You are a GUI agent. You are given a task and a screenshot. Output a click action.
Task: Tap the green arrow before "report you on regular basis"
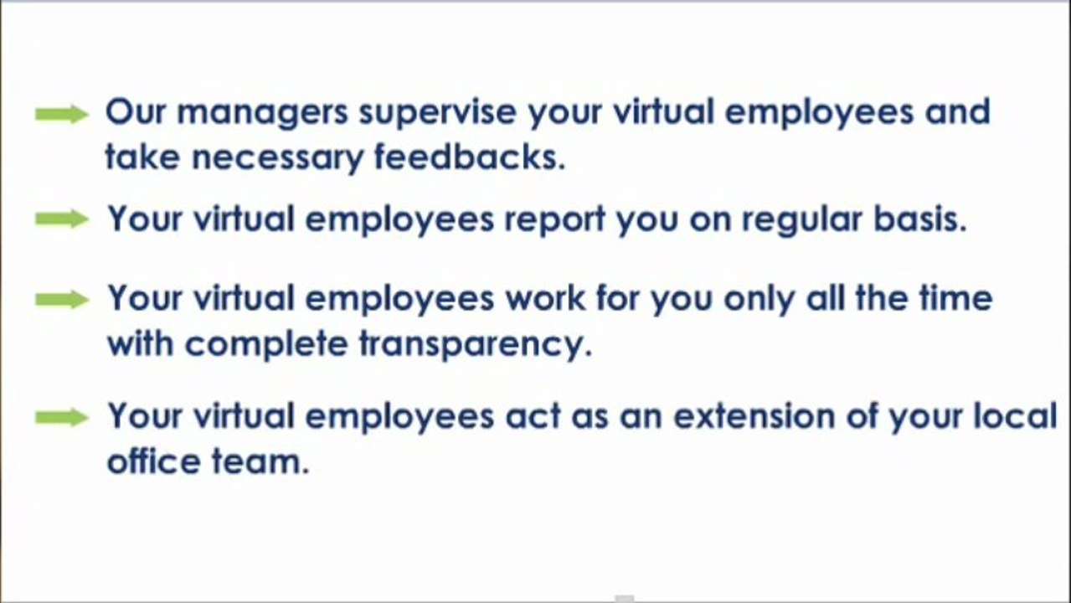point(62,219)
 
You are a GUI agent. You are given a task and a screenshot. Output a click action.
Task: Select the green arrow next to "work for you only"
point(62,300)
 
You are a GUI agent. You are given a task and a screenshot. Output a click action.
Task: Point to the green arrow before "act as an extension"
point(62,418)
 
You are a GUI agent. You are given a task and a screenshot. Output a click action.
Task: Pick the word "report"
point(554,220)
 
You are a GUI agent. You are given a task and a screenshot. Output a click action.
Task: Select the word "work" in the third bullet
point(543,299)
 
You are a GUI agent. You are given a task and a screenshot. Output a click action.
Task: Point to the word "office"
point(152,461)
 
